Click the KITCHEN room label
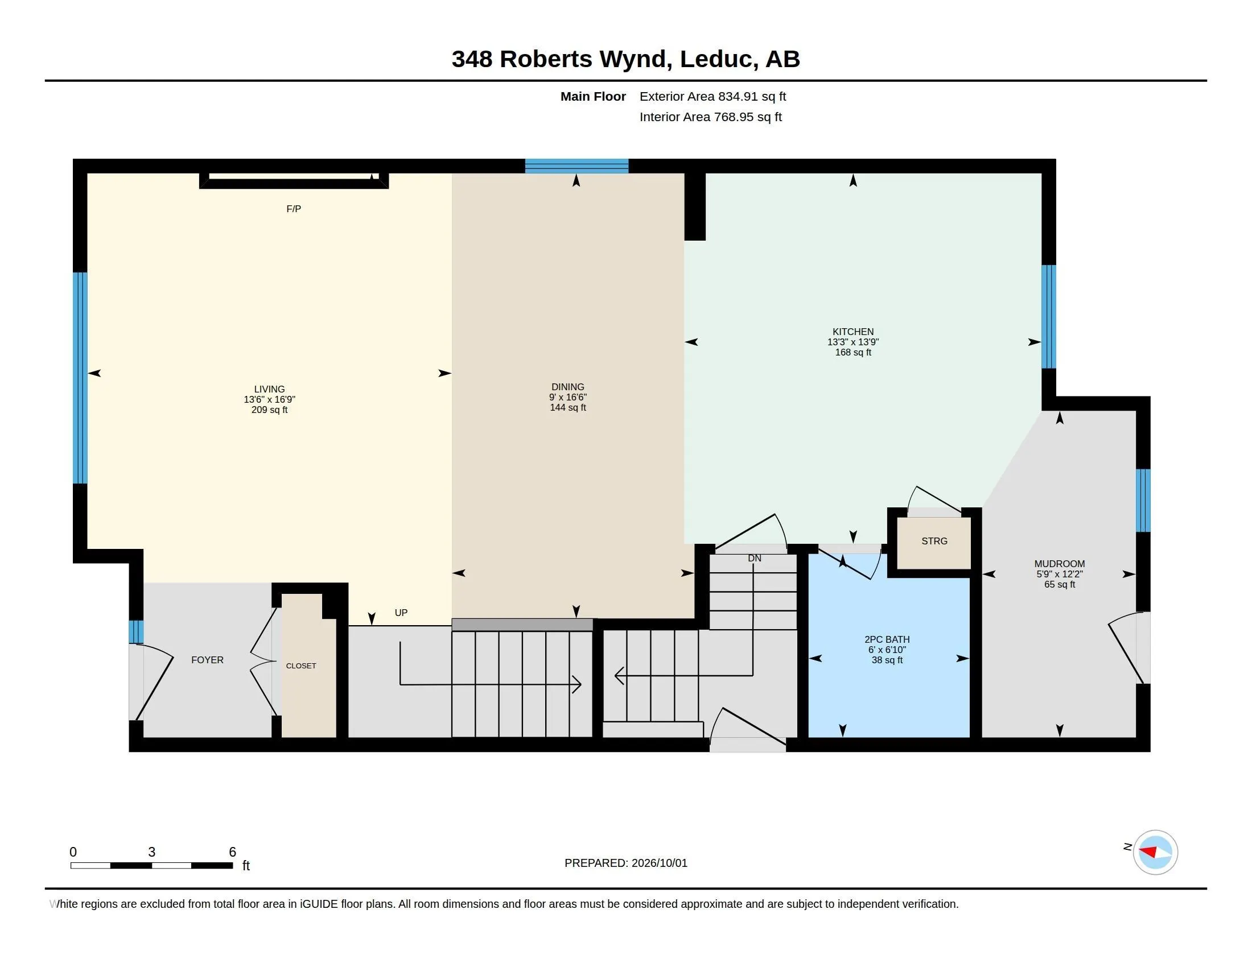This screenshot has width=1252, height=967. (853, 332)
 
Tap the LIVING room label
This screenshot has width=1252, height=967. (269, 389)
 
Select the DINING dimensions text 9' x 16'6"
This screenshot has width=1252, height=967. (567, 397)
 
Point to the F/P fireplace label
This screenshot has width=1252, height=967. (294, 209)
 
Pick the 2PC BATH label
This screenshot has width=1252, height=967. (887, 639)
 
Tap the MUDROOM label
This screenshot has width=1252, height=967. (1060, 564)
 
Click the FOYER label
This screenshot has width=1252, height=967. (208, 660)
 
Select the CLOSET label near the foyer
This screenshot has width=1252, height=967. (301, 666)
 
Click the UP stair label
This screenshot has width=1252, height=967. (401, 613)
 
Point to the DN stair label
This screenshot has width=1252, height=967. (755, 558)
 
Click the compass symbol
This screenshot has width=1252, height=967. (1155, 853)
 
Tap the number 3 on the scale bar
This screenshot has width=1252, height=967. (152, 852)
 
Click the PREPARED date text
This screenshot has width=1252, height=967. (626, 863)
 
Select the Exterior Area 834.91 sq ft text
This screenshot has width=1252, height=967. (713, 97)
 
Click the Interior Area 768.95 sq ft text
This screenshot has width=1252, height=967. (710, 117)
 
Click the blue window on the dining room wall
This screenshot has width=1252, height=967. (576, 166)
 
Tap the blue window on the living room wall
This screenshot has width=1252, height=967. (80, 378)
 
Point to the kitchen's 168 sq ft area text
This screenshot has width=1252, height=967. (853, 352)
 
